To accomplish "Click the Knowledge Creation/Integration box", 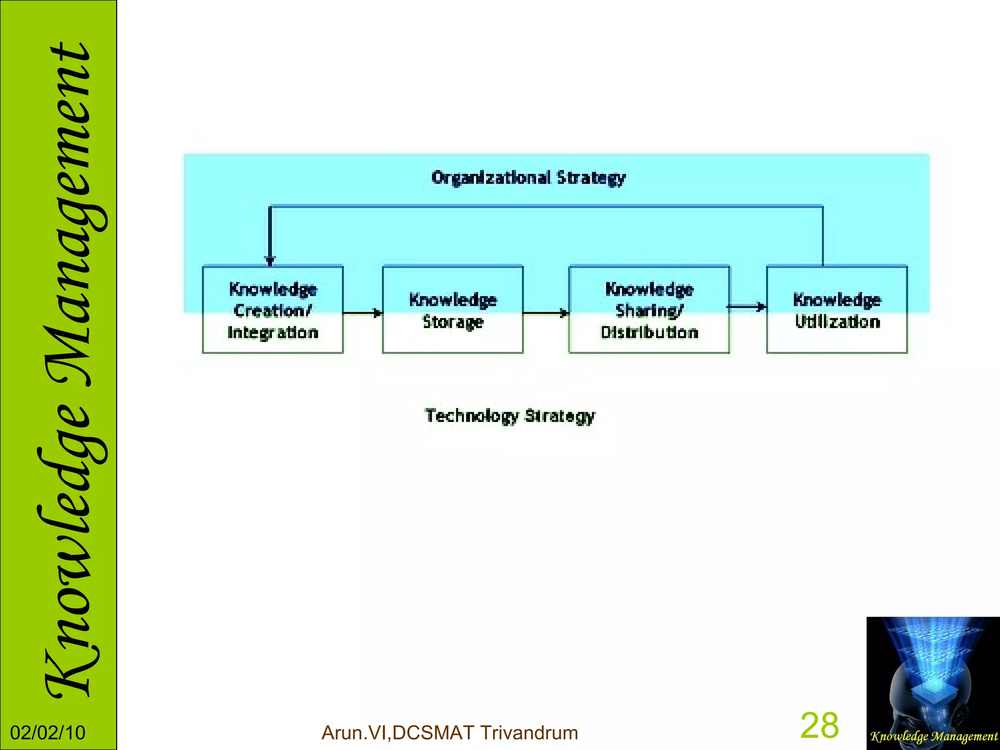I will click(272, 310).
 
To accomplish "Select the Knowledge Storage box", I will click(453, 310).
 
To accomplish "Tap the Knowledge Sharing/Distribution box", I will click(649, 310).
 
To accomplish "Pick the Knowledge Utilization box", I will click(837, 310).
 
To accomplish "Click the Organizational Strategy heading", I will click(528, 178).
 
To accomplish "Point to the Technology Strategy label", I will click(510, 416).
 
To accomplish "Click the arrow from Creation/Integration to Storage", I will click(363, 312).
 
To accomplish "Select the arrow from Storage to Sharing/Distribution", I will click(546, 312).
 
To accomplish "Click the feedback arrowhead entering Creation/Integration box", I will click(270, 260).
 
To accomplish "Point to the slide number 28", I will click(819, 726).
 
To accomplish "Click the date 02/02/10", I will click(48, 733).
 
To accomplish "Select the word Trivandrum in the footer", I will click(529, 733).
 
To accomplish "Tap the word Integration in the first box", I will click(272, 333).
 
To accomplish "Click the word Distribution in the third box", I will click(649, 333).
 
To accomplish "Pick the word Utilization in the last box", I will click(837, 322).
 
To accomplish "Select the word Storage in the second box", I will click(453, 322).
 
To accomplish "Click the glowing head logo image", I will click(933, 674).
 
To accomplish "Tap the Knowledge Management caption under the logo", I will click(934, 736).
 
